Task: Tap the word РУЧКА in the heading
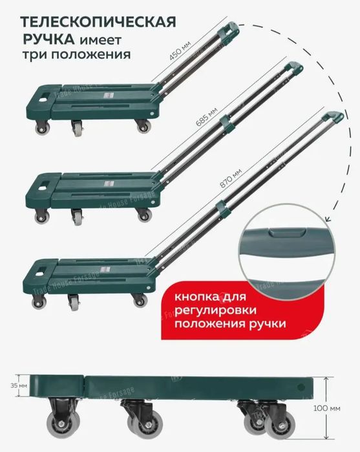(x=45, y=39)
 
